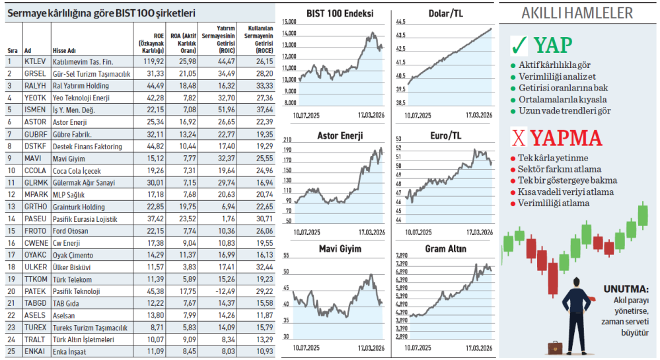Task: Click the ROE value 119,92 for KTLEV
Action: click(153, 61)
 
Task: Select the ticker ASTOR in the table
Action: click(35, 122)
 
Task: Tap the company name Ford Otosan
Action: click(71, 231)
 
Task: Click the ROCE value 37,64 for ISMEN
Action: click(264, 110)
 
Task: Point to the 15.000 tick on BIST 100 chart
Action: click(289, 22)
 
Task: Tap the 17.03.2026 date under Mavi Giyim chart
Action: click(372, 347)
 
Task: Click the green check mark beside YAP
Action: click(519, 45)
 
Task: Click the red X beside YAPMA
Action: click(519, 137)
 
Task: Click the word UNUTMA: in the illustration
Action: click(626, 289)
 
